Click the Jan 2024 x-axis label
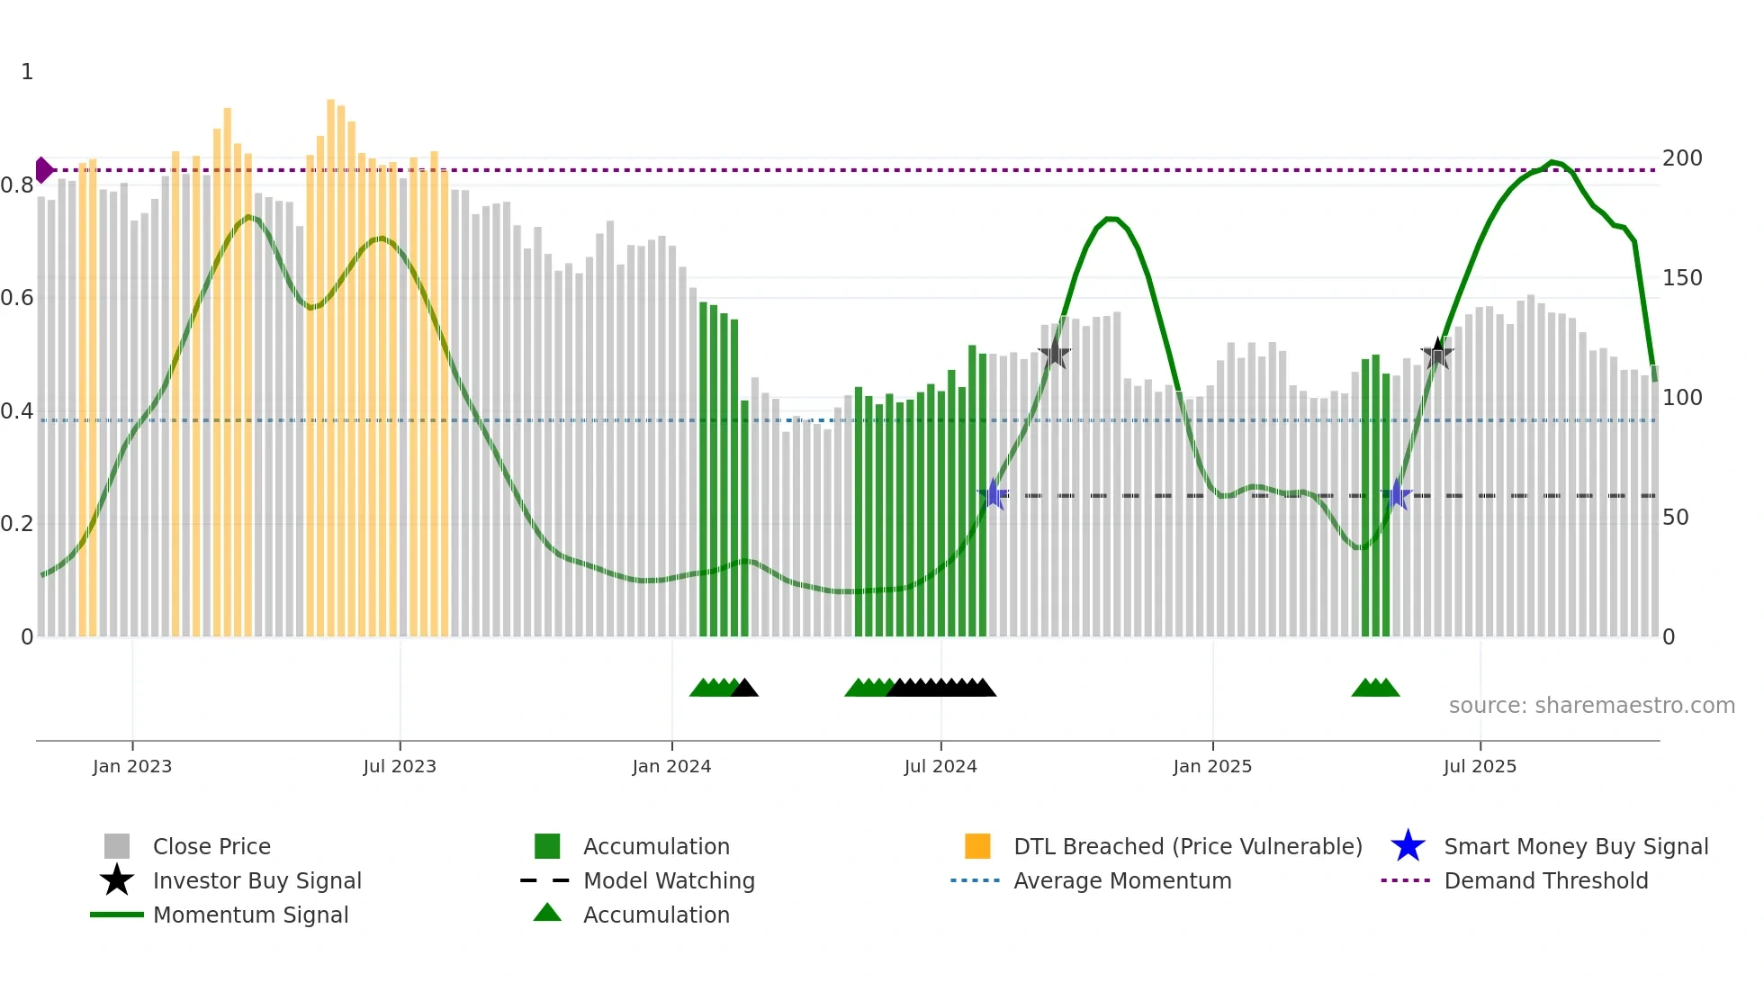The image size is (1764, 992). pos(671,766)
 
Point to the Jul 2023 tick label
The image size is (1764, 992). pos(400,766)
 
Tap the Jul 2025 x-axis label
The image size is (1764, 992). pos(1480,766)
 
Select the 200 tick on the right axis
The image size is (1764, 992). pos(1682,158)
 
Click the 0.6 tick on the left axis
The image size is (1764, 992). pos(17,298)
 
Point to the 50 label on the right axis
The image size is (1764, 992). pos(1675,518)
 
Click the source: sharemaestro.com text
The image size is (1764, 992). pos(1591,706)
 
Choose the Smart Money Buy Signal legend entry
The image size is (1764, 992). pos(1576,846)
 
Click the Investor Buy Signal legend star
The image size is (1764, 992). pos(117,880)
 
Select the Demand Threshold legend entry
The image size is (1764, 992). pos(1545,880)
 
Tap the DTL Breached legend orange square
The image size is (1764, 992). pos(977,846)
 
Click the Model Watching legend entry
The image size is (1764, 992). pos(668,880)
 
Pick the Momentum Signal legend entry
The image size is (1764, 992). pos(250,915)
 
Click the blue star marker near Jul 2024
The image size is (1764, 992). pos(994,494)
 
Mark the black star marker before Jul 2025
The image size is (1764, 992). pos(1437,353)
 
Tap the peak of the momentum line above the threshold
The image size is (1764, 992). pos(1552,162)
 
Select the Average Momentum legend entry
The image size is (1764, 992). pos(1121,880)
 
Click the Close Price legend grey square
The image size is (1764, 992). pos(117,846)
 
